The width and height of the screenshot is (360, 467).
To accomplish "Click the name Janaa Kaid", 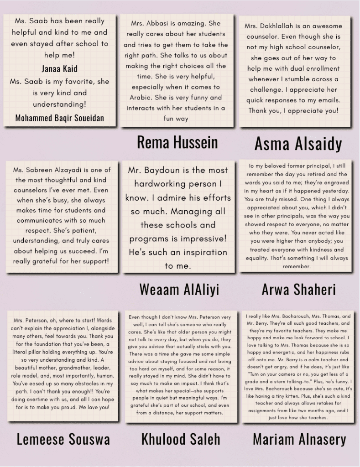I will tap(59, 69).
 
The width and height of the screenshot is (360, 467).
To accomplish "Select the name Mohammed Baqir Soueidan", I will tap(59, 118).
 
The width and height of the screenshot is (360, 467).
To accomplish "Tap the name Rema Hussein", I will tap(177, 142).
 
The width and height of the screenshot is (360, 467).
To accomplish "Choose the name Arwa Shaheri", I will tap(298, 290).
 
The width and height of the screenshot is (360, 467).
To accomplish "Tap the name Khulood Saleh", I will tap(181, 439).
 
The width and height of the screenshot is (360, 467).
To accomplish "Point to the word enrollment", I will tap(323, 68).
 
